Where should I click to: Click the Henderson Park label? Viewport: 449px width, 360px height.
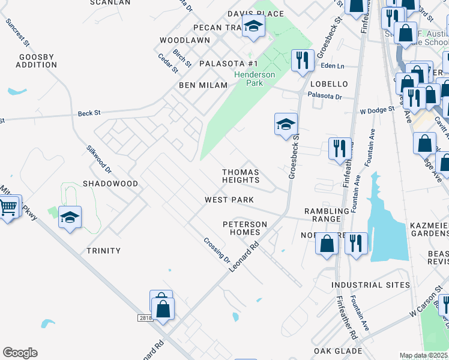pyautogui.click(x=255, y=79)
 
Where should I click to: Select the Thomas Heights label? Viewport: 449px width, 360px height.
pyautogui.click(x=241, y=176)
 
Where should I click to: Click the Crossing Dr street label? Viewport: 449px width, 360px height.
pyautogui.click(x=217, y=250)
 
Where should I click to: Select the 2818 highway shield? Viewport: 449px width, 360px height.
pyautogui.click(x=145, y=318)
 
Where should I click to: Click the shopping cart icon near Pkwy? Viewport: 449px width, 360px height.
pyautogui.click(x=8, y=208)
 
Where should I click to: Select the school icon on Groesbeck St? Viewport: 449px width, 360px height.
pyautogui.click(x=286, y=124)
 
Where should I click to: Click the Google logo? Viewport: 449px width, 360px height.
pyautogui.click(x=20, y=353)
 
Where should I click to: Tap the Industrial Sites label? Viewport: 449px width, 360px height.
pyautogui.click(x=370, y=285)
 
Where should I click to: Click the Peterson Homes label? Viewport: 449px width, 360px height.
pyautogui.click(x=244, y=229)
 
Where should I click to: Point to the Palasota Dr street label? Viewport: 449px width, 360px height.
pyautogui.click(x=324, y=96)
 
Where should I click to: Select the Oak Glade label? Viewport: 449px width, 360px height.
pyautogui.click(x=337, y=351)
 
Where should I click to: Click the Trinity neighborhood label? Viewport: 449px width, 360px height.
pyautogui.click(x=103, y=251)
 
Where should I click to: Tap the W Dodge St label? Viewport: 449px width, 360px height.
pyautogui.click(x=377, y=110)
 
